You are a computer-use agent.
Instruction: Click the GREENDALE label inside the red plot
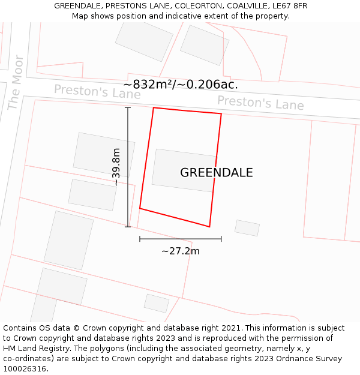[216, 173]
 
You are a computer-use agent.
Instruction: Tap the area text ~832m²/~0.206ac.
[181, 85]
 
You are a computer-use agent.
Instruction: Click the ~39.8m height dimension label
[116, 167]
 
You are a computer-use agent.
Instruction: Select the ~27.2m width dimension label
[181, 251]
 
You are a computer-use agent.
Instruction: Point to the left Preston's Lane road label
[97, 92]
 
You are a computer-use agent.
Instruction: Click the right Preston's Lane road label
[260, 103]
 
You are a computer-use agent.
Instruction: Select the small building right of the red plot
[247, 228]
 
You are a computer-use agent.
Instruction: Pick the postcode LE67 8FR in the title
[287, 6]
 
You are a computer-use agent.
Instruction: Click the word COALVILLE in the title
[239, 6]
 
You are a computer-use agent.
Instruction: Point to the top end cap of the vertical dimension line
[128, 107]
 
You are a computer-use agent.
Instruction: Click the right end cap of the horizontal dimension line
[221, 239]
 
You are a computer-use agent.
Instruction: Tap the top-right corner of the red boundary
[221, 113]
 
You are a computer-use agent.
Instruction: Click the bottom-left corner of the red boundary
[140, 208]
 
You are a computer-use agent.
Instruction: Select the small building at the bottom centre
[157, 303]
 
